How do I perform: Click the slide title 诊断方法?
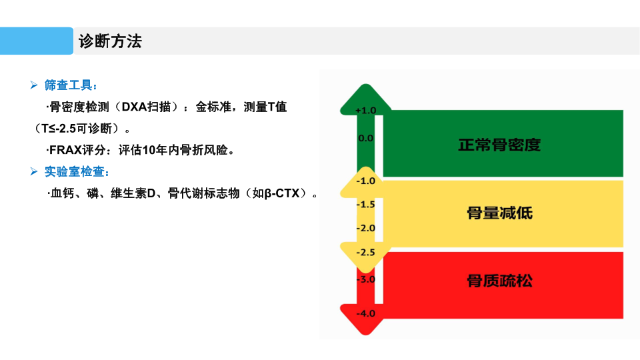(x=110, y=41)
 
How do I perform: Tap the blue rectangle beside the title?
(x=37, y=41)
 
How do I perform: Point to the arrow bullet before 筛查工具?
(x=34, y=85)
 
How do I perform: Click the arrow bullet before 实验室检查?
(x=34, y=171)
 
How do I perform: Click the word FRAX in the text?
(x=65, y=150)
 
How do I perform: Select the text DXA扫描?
(x=146, y=107)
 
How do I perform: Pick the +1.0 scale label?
(x=366, y=111)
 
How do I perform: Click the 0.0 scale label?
(x=366, y=139)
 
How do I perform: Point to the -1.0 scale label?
(x=366, y=181)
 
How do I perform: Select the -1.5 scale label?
(x=366, y=205)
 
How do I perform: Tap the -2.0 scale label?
(x=366, y=228)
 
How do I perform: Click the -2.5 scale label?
(x=366, y=252)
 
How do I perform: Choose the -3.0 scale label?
(x=366, y=279)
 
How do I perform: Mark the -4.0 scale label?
(x=366, y=313)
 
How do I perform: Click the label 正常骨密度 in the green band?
(x=499, y=145)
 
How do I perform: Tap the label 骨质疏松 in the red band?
(x=499, y=281)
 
